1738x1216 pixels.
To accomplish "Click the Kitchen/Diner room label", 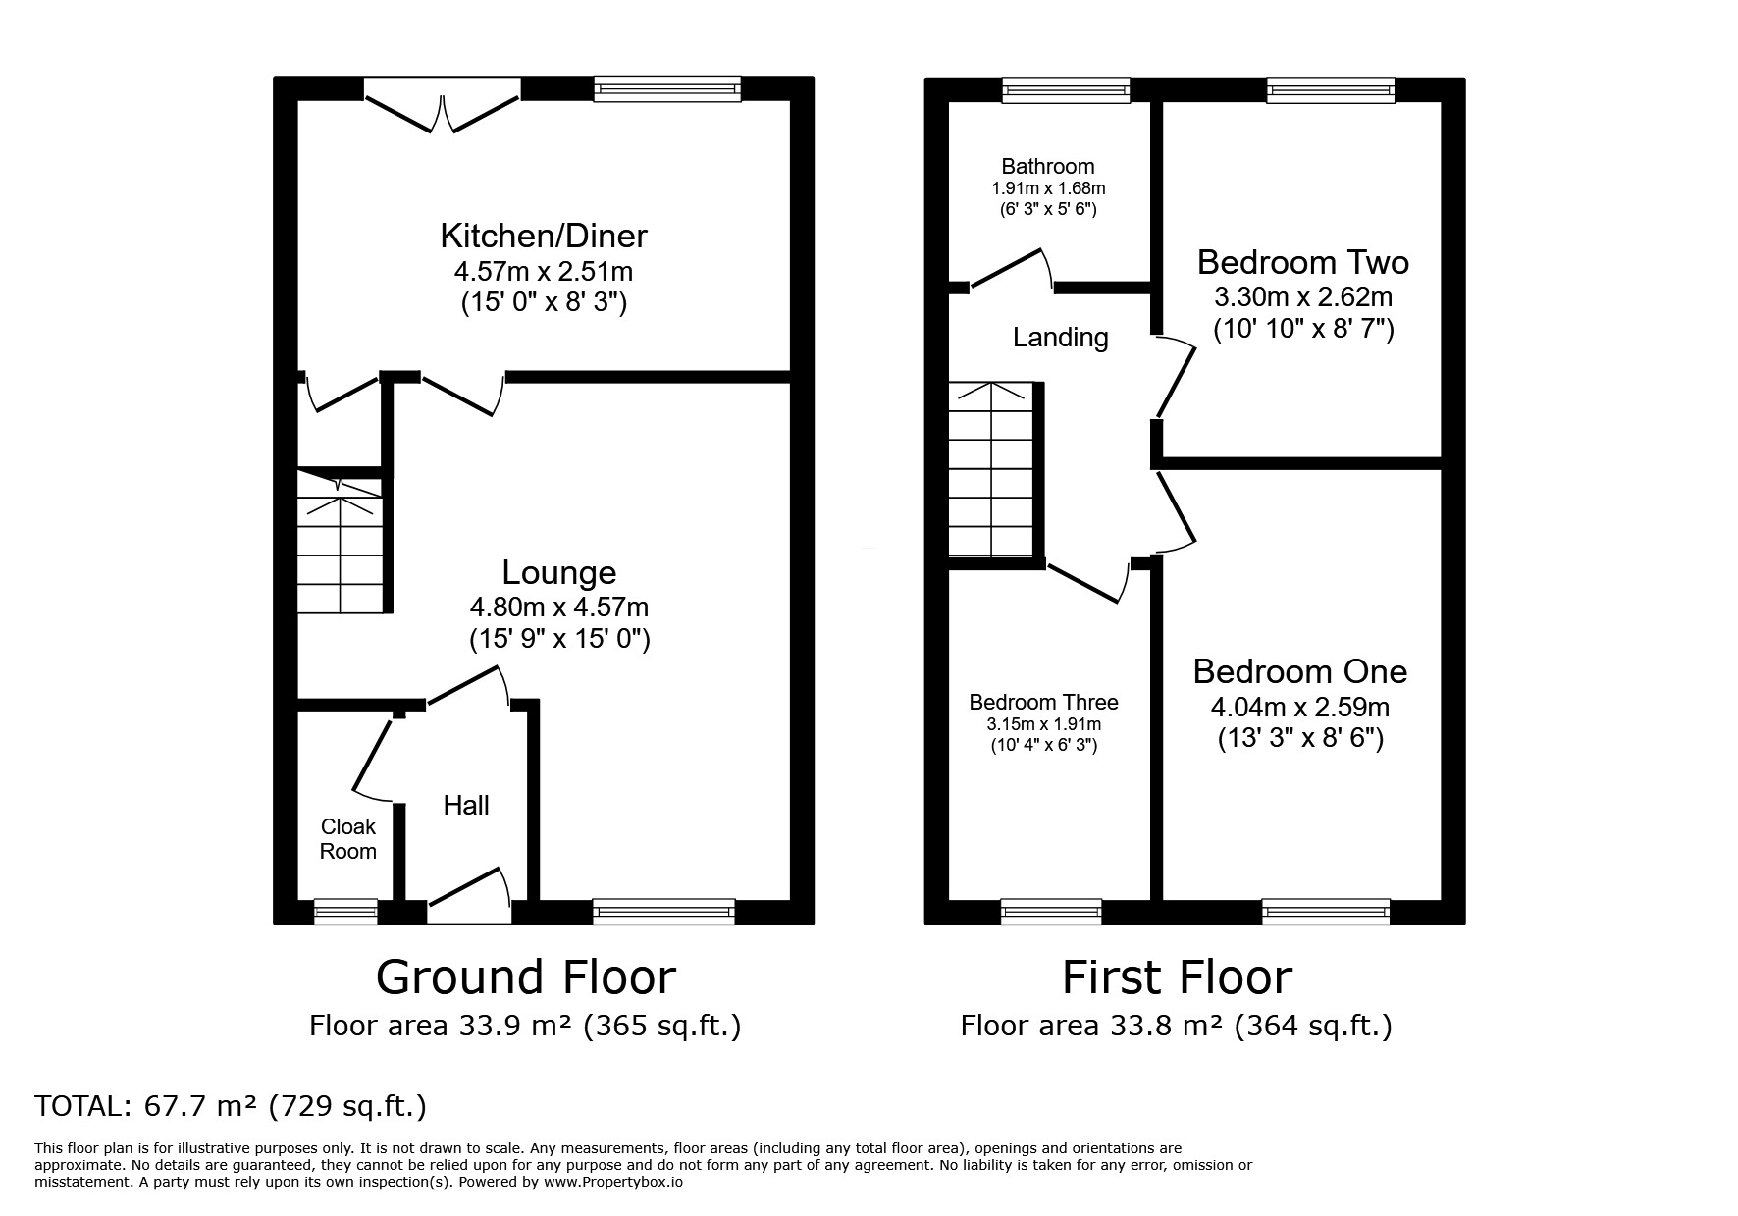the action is (x=544, y=237).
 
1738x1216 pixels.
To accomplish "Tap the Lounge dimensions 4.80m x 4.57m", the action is (x=559, y=608).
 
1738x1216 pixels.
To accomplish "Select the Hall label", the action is (x=466, y=806).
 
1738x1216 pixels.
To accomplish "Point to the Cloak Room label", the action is (x=348, y=839).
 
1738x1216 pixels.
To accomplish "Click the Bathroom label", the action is (x=1048, y=167).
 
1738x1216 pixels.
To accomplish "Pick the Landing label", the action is (x=1061, y=338).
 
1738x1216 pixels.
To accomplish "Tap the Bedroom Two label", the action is (x=1303, y=262).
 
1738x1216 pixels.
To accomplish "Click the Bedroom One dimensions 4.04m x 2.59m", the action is (x=1300, y=707).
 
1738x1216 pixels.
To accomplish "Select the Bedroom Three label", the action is (x=1044, y=703).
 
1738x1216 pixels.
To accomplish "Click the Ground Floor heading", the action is (x=526, y=978).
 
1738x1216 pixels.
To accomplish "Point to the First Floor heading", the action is (x=1177, y=978).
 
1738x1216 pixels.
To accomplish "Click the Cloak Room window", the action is (x=345, y=912).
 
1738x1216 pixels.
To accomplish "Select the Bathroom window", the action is (x=1066, y=90).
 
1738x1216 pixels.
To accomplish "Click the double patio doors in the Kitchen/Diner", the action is (x=442, y=104).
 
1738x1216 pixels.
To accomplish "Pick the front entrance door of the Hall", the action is (x=469, y=894).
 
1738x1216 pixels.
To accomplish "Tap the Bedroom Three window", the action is (x=1051, y=912).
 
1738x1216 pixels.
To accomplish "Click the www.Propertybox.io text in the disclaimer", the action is (x=612, y=1182).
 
